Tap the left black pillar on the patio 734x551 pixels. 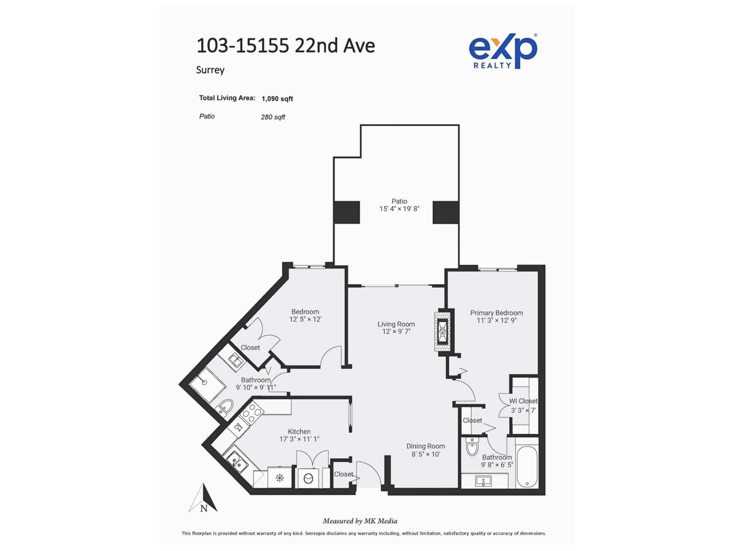(x=347, y=212)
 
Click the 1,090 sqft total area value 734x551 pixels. (x=277, y=99)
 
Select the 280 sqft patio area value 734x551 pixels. (x=273, y=117)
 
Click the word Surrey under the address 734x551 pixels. (x=210, y=70)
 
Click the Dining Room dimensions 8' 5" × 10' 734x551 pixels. (x=426, y=454)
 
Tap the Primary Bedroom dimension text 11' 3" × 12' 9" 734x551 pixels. (x=496, y=320)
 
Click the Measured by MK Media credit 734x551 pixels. (x=360, y=521)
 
